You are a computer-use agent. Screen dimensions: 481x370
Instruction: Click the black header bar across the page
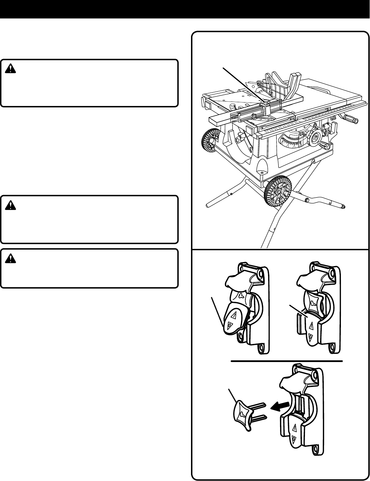185,9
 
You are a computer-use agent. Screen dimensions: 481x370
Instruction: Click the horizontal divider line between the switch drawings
287,361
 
